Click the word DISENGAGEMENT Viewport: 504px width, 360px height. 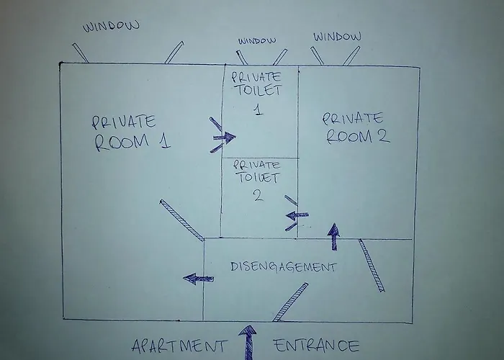point(284,267)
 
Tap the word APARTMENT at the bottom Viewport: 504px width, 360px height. point(179,346)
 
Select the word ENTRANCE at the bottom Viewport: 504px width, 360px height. point(317,345)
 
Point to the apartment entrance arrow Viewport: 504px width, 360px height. point(248,343)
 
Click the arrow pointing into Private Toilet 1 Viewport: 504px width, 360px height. point(225,138)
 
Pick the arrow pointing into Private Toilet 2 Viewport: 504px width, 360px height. point(297,215)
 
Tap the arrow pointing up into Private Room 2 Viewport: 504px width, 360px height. point(334,236)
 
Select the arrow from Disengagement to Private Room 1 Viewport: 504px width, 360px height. point(198,279)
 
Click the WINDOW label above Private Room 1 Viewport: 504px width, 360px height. point(111,26)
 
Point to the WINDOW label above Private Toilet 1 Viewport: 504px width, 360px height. point(257,41)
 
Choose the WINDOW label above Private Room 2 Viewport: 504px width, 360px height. point(337,36)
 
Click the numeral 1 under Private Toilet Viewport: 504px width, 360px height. point(258,109)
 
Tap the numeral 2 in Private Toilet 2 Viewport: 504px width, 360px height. point(258,195)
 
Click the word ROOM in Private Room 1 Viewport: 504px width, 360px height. point(122,142)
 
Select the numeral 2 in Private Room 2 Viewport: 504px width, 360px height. point(383,135)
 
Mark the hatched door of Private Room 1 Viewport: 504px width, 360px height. point(182,220)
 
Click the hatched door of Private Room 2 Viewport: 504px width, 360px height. point(372,266)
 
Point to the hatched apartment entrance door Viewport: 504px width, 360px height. point(290,302)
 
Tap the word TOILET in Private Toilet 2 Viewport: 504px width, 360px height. point(258,177)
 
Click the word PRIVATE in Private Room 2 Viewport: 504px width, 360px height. point(353,118)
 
